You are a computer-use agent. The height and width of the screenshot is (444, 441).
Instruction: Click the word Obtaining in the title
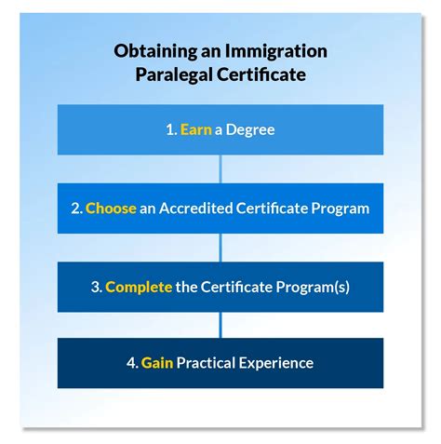149,50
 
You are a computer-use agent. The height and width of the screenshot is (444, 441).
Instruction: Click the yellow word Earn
196,130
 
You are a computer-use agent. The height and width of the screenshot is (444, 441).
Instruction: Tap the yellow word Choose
111,209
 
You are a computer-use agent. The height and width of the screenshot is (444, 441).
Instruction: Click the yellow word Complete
139,287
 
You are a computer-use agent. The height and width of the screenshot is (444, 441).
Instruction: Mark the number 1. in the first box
171,130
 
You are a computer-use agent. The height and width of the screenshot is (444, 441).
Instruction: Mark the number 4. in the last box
133,363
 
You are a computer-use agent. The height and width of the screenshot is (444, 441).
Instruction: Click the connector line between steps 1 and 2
220,169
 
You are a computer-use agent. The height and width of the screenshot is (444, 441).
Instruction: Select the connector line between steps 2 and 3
220,248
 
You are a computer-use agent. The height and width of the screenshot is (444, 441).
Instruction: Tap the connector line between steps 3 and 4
220,325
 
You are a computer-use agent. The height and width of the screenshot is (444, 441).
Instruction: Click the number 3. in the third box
97,287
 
